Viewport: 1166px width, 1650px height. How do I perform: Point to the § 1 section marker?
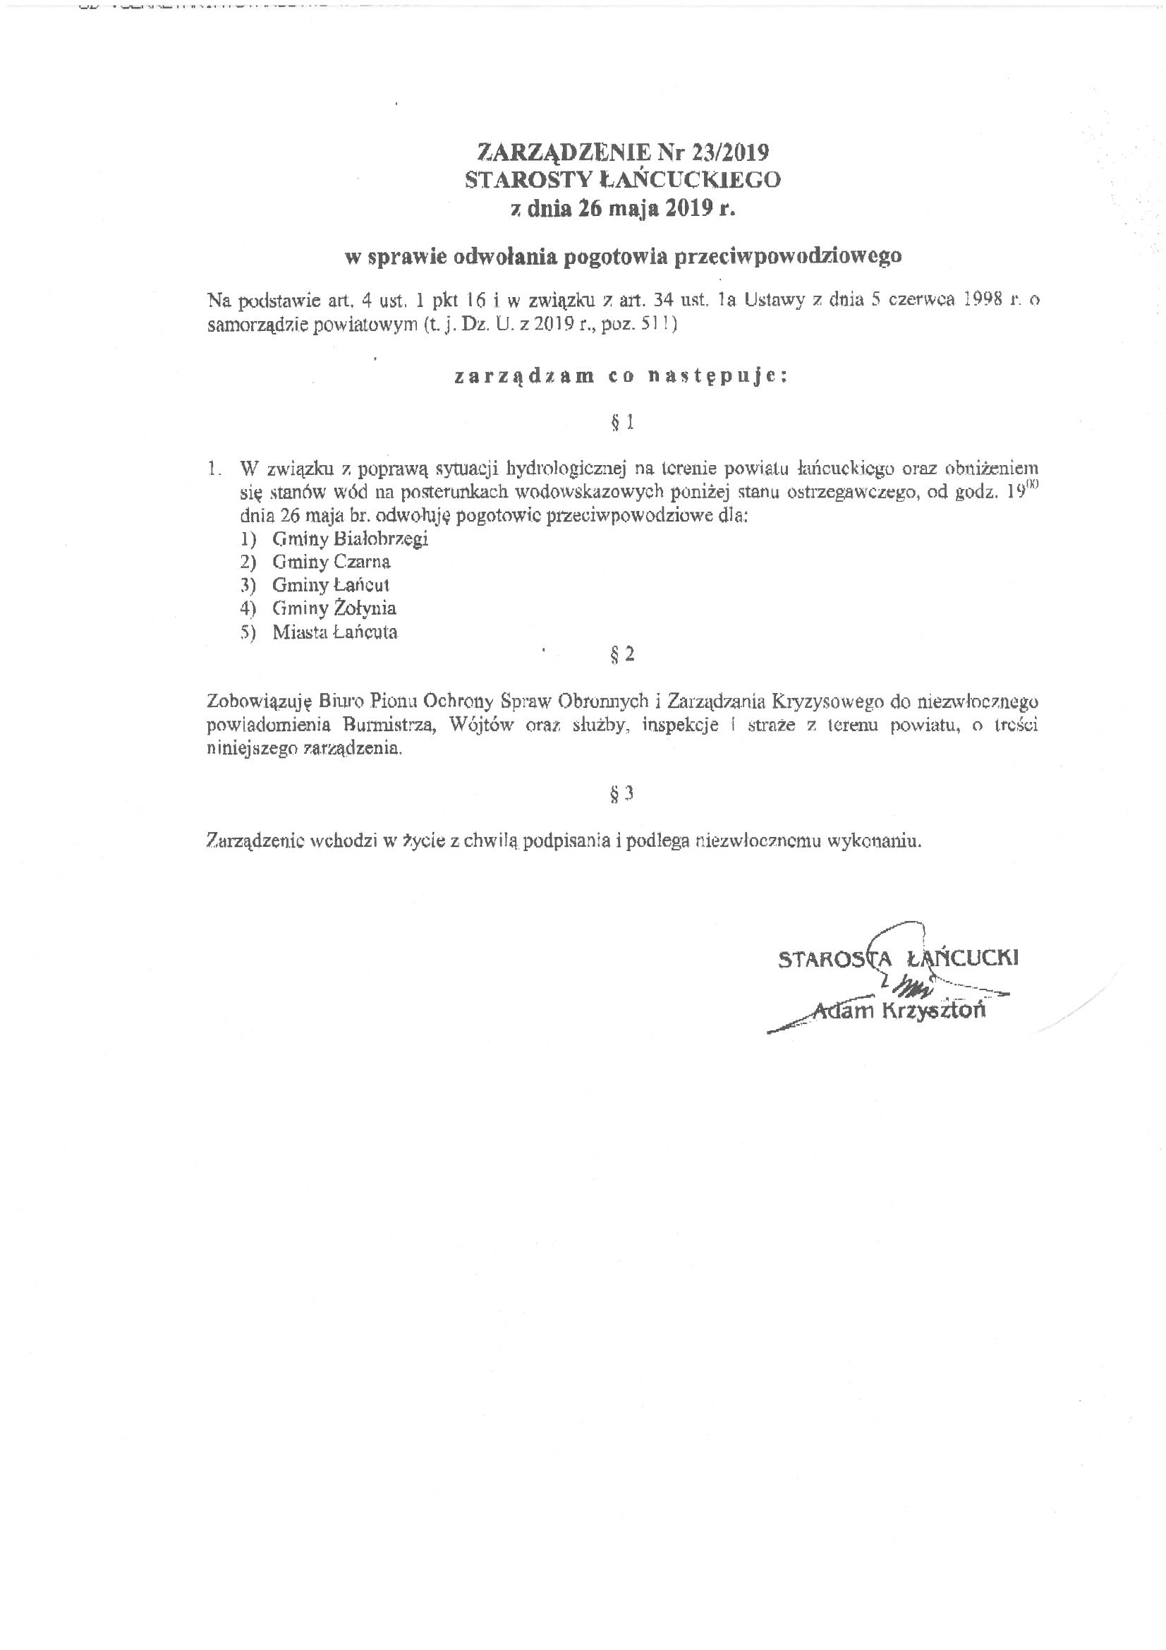point(622,423)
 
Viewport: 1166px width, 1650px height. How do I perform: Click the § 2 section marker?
point(622,654)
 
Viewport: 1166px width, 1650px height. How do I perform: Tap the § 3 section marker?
point(622,793)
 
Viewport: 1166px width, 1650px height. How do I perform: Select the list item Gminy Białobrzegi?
point(350,538)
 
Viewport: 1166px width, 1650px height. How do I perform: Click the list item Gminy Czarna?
point(332,562)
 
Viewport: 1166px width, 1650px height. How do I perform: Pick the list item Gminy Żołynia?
point(334,608)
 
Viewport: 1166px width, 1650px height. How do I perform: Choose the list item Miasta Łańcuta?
point(335,632)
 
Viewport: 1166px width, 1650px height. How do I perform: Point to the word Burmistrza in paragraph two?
point(391,724)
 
